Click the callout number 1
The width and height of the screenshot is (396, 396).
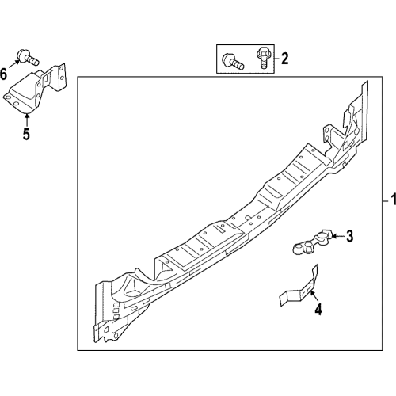point(389,197)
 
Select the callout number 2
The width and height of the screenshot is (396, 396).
point(284,58)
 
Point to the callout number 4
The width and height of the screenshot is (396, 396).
point(318,310)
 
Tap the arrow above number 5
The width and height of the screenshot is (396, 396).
point(26,119)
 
